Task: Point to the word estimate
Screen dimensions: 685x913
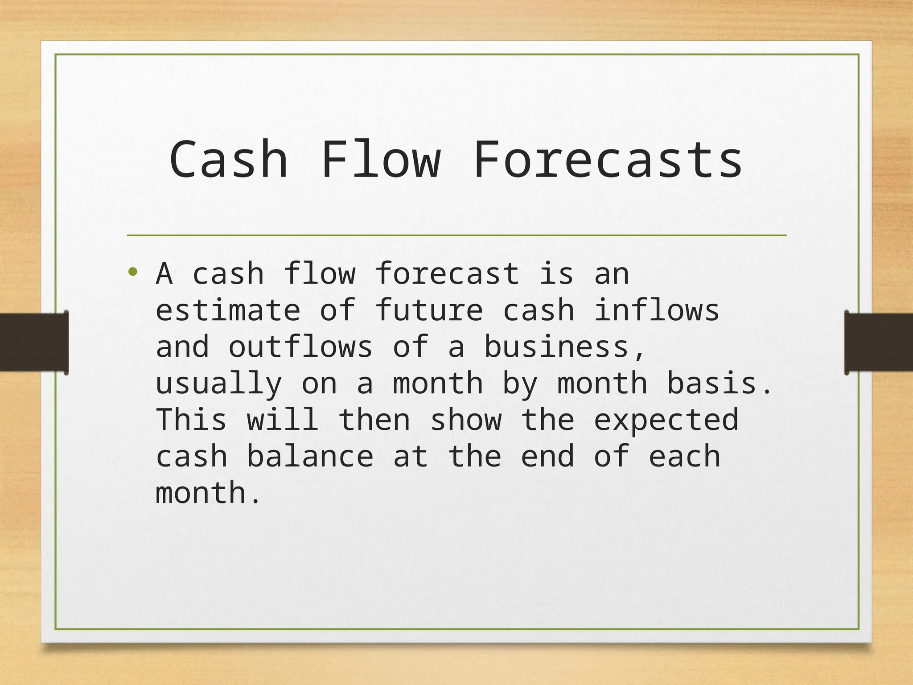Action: coord(228,310)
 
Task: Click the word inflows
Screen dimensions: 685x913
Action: coord(657,310)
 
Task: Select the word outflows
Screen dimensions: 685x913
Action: coord(300,347)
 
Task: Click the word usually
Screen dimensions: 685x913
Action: coord(218,384)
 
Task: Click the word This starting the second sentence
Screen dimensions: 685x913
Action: coord(191,420)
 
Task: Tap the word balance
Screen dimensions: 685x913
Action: coord(310,457)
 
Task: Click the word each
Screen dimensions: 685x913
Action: coord(684,457)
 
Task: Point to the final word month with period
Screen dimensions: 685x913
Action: coord(207,493)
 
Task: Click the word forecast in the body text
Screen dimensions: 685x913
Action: coord(447,274)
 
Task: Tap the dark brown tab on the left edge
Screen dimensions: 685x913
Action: coord(34,342)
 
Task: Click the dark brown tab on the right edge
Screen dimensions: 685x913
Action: coord(878,342)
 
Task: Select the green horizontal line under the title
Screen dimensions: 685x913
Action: coord(456,235)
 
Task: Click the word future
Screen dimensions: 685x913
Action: coord(429,310)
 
